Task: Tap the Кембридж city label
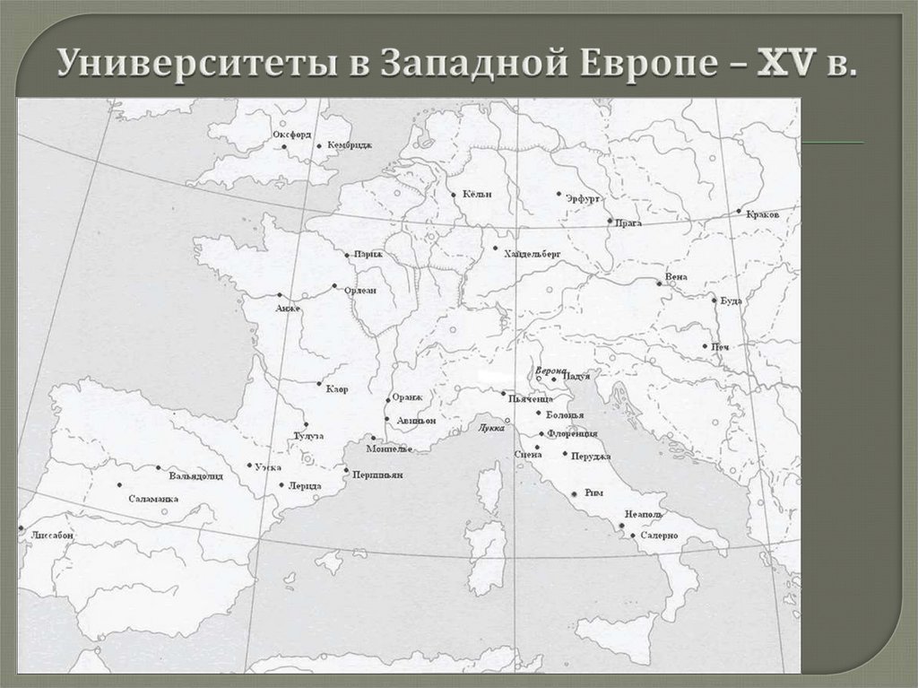point(349,144)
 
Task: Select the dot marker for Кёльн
point(454,194)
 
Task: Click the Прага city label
point(629,222)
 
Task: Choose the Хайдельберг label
point(533,255)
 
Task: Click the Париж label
point(368,254)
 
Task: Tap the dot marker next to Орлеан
point(334,287)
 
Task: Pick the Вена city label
point(676,276)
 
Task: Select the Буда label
point(731,300)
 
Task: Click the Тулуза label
point(308,436)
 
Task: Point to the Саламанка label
point(153,498)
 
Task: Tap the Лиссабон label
point(52,535)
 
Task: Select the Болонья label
point(565,415)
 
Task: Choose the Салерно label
point(658,536)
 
